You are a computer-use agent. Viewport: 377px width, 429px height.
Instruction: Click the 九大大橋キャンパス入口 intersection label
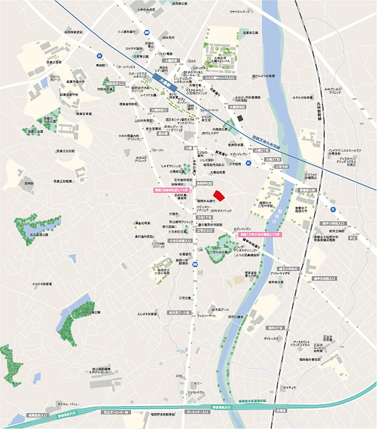tap(218, 78)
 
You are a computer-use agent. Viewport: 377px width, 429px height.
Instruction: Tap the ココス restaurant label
tap(192, 61)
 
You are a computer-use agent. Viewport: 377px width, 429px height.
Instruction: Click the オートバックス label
tap(126, 66)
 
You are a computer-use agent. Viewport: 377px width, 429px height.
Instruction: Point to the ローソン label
tap(159, 150)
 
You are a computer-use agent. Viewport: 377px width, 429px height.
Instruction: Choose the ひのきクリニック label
tap(221, 210)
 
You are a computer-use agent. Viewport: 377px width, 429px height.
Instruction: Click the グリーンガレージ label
tap(55, 78)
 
